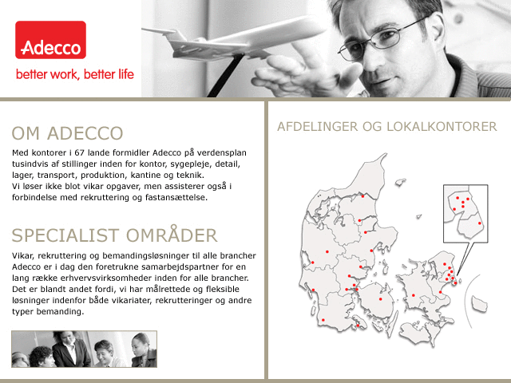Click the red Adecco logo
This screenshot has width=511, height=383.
tap(50, 40)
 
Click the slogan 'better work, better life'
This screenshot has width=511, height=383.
tap(75, 74)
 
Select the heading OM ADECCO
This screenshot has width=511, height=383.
tap(67, 133)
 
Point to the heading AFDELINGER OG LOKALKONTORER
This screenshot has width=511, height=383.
tap(386, 126)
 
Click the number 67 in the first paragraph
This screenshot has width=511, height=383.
tap(80, 152)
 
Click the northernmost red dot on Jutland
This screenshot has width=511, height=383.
tap(362, 196)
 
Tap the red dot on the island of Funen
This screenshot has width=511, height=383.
tap(380, 299)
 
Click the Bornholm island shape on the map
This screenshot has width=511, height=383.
tap(479, 303)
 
